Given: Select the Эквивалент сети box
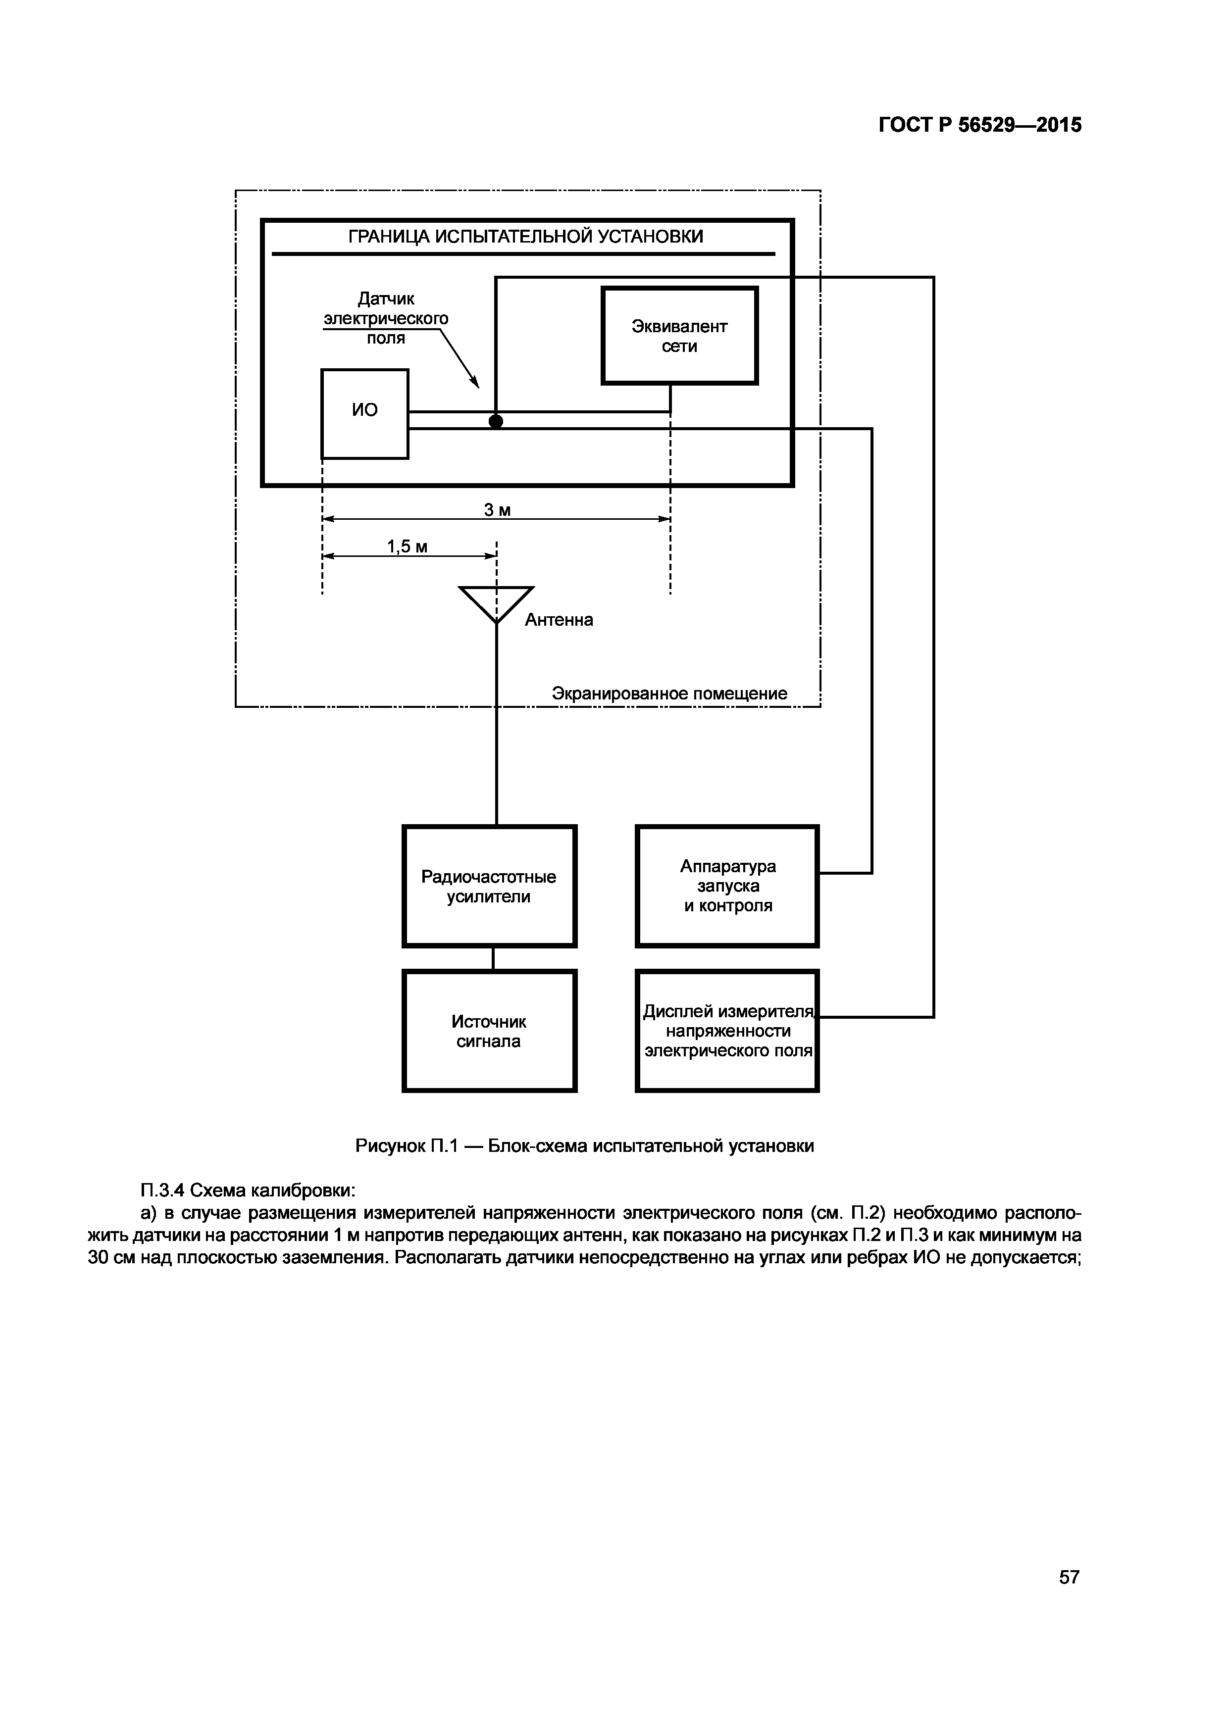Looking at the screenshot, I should pyautogui.click(x=679, y=336).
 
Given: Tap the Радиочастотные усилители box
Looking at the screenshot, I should pyautogui.click(x=489, y=886).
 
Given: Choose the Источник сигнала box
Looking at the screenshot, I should pyautogui.click(x=489, y=1031).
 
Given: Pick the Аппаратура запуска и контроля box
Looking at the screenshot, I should pyautogui.click(x=727, y=886).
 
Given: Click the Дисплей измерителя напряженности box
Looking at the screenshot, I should pyautogui.click(x=727, y=1031).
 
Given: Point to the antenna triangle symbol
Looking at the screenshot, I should pyautogui.click(x=496, y=602).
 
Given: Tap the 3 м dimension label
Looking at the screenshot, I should pyautogui.click(x=497, y=510).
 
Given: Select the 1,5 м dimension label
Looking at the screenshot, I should pyautogui.click(x=407, y=546).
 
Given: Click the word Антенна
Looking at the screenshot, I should pyautogui.click(x=559, y=620).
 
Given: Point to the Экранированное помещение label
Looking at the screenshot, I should pyautogui.click(x=669, y=694).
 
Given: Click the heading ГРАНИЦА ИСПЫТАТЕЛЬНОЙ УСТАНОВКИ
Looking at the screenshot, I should pyautogui.click(x=525, y=237).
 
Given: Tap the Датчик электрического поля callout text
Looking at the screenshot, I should pyautogui.click(x=386, y=318).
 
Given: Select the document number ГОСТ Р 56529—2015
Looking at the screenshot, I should pyautogui.click(x=979, y=125).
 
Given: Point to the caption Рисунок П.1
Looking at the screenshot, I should pyautogui.click(x=584, y=1145).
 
